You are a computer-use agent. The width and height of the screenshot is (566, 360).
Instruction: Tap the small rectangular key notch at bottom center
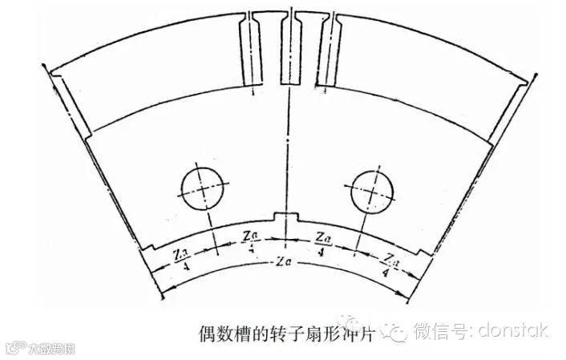coord(283,216)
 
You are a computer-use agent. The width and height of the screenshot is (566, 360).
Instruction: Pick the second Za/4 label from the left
coord(249,239)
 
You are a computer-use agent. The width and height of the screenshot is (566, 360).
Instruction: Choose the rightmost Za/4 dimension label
coord(390,262)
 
